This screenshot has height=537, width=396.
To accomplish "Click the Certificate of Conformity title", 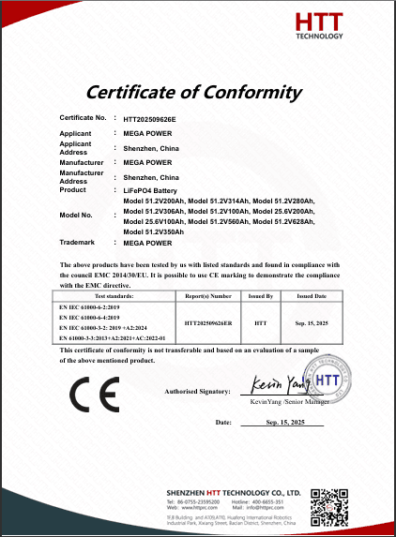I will coord(194,92).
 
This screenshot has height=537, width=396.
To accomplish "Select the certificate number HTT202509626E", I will coord(150,120).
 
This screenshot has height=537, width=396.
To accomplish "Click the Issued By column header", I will coord(260,295).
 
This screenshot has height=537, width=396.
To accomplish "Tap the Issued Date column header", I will coord(312,295).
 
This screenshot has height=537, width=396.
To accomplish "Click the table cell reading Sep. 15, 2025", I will coord(312,321).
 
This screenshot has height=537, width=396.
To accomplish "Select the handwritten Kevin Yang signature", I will coord(282,384).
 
